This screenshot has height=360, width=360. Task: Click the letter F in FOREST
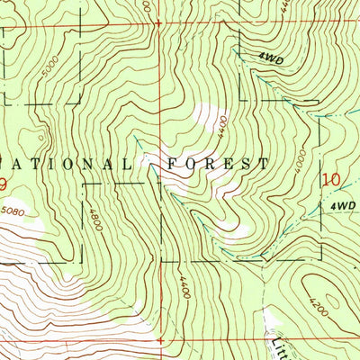point(169,165)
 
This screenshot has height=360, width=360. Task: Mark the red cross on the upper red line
point(158,20)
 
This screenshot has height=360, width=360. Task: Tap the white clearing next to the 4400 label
point(209,117)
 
